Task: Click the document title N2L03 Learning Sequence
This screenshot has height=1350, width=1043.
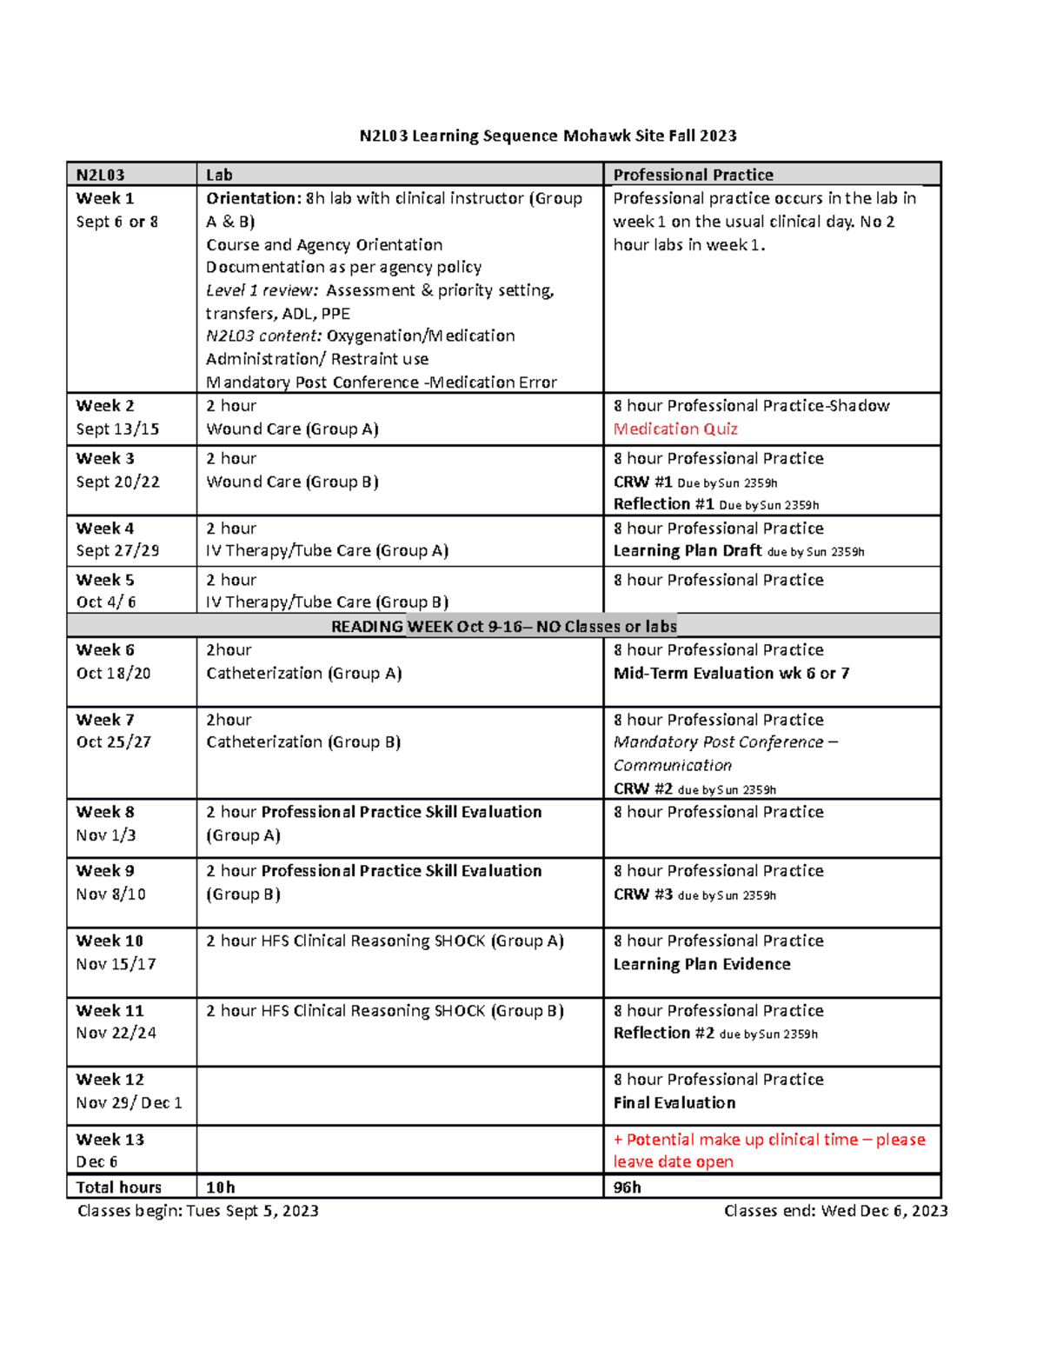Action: [x=548, y=136]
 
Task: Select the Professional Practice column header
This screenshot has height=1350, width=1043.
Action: [x=693, y=175]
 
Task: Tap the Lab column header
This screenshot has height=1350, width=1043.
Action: [x=219, y=175]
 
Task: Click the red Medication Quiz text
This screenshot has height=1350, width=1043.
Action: [x=675, y=429]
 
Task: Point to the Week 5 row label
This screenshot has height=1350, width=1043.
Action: [x=105, y=580]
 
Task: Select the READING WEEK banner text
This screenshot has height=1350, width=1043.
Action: [x=503, y=626]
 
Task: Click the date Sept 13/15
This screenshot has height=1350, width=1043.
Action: [x=117, y=429]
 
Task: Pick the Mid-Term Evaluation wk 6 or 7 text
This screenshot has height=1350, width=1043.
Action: [x=731, y=673]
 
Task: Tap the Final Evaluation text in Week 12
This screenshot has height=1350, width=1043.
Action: [x=674, y=1102]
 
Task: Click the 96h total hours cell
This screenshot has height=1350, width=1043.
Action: [x=628, y=1187]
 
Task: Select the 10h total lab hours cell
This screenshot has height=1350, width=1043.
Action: [x=221, y=1187]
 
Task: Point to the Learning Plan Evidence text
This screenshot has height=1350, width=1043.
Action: [x=701, y=964]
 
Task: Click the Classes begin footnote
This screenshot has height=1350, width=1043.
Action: [x=197, y=1211]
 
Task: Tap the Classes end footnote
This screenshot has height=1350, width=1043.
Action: [x=835, y=1211]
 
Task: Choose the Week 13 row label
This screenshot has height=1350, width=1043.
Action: [x=110, y=1139]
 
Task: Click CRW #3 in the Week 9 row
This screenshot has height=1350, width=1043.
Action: [x=643, y=894]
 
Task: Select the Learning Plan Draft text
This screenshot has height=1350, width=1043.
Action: [x=688, y=550]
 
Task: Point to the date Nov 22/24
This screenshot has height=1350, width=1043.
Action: [x=116, y=1033]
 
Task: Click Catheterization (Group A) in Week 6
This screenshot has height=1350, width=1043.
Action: [x=303, y=673]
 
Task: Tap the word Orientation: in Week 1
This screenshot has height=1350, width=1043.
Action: [x=253, y=198]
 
